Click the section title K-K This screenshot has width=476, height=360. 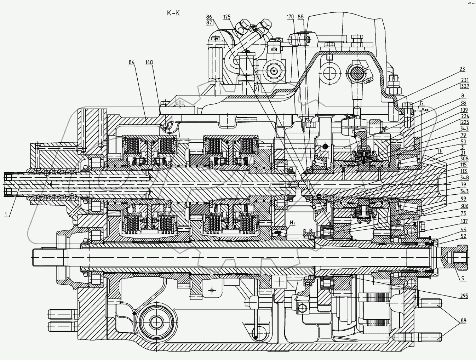(x=173, y=13)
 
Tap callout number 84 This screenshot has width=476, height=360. (x=132, y=62)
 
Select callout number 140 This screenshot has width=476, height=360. (x=149, y=62)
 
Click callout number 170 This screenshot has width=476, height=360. (x=291, y=17)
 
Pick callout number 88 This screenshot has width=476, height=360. (x=301, y=17)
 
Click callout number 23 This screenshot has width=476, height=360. (x=463, y=69)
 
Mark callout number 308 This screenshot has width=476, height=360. (x=464, y=159)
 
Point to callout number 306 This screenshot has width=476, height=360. (x=464, y=206)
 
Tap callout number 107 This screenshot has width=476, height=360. (x=464, y=222)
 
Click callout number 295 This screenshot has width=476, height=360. (x=464, y=296)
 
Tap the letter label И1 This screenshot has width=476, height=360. (x=292, y=223)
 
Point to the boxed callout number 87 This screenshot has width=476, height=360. (x=209, y=23)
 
